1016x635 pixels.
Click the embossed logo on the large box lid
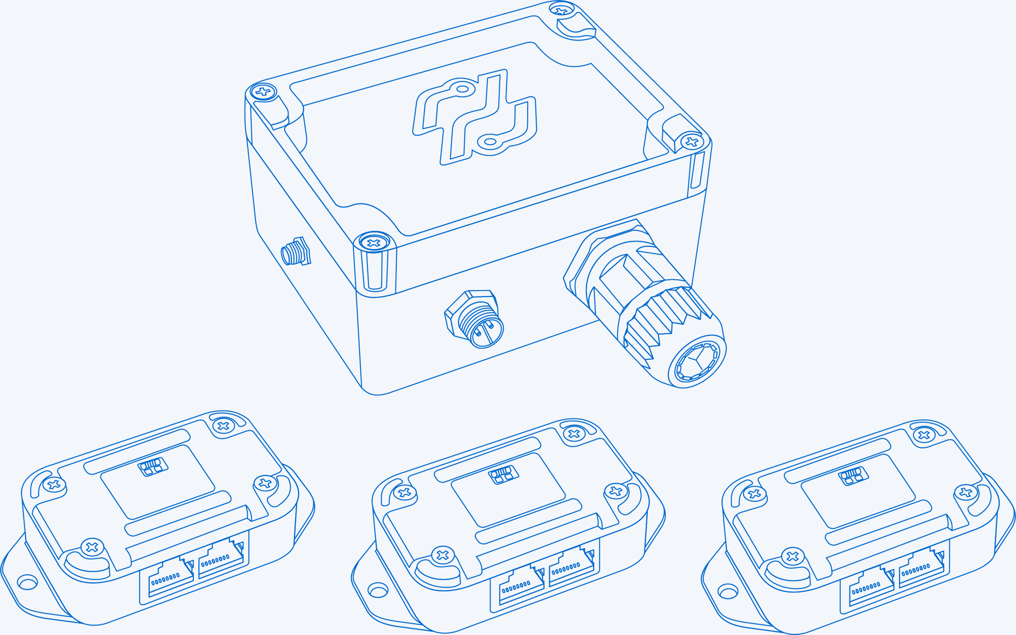(x=474, y=117)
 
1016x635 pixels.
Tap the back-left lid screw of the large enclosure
(x=263, y=91)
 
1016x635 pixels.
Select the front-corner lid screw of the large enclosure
(x=373, y=243)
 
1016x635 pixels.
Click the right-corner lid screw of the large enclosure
(x=691, y=141)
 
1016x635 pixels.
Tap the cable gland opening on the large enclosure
(x=697, y=361)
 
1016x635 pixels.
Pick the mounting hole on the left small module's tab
(x=27, y=583)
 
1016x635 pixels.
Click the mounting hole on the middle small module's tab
(x=378, y=590)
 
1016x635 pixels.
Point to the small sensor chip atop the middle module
(x=503, y=475)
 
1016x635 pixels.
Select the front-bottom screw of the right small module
(x=792, y=557)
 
